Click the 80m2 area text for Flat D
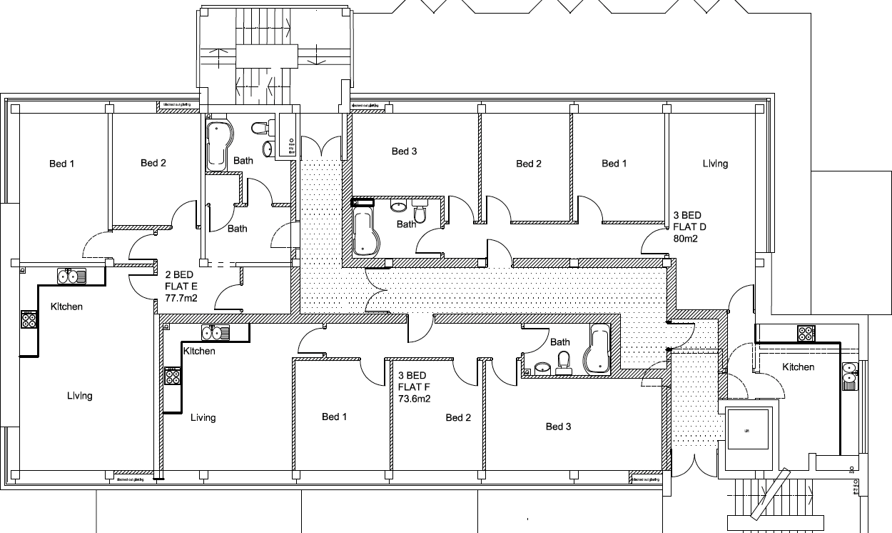coord(685,239)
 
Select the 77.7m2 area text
coord(181,299)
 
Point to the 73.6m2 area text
coord(414,399)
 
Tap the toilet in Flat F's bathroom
coord(564,362)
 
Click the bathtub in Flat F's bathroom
coord(597,350)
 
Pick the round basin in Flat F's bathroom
coord(542,369)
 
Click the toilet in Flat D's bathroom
coord(420,211)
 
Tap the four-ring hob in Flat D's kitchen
coord(806,333)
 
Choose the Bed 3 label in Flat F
coord(558,427)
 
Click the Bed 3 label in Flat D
coord(404,151)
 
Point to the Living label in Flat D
coord(715,164)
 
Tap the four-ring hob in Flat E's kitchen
coord(29,319)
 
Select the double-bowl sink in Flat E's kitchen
coord(71,276)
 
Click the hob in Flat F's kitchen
coord(172,375)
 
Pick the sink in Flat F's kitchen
coord(214,332)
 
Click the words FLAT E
coord(181,287)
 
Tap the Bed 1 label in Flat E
coord(62,164)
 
